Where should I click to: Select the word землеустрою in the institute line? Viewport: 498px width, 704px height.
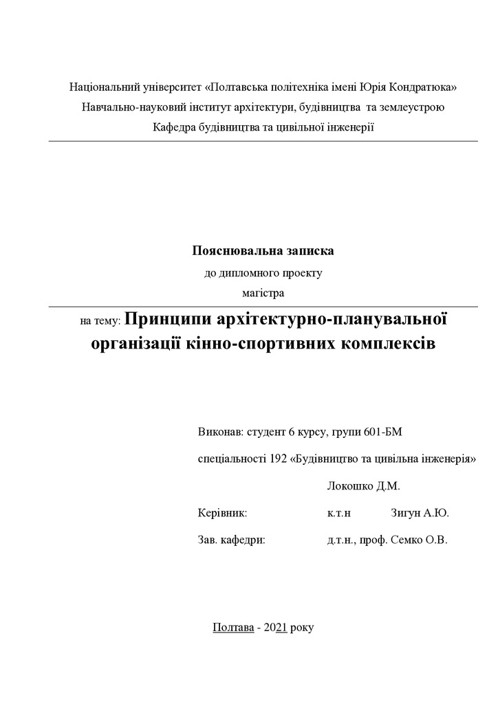[x=412, y=107]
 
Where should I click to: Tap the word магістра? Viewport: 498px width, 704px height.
[x=263, y=293]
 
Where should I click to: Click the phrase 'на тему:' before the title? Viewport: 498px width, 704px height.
[x=100, y=321]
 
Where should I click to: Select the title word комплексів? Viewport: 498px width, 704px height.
[x=388, y=343]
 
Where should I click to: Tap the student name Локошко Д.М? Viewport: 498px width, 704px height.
[x=364, y=486]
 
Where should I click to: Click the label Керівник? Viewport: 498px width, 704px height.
[x=221, y=513]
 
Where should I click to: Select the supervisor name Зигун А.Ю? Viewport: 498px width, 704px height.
[x=420, y=513]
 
